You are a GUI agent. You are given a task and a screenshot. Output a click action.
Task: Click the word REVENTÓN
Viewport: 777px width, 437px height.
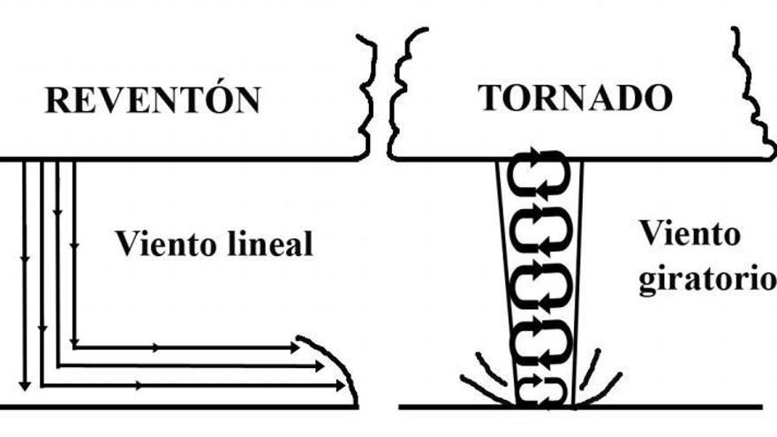click(x=153, y=100)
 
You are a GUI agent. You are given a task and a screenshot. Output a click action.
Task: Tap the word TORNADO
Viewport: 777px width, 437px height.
click(x=575, y=98)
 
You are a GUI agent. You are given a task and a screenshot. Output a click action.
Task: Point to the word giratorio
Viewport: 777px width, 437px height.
click(x=707, y=280)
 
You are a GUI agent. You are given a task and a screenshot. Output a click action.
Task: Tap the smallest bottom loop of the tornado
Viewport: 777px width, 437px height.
click(x=540, y=389)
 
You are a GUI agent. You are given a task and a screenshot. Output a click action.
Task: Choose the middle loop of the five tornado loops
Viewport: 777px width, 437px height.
click(x=540, y=283)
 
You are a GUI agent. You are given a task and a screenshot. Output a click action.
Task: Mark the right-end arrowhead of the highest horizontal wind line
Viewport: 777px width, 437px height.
click(x=294, y=348)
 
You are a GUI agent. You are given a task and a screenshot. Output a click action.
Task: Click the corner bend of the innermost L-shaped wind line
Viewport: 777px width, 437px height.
click(x=73, y=347)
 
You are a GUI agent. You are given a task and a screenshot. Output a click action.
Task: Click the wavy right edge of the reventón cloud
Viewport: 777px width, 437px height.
click(x=366, y=97)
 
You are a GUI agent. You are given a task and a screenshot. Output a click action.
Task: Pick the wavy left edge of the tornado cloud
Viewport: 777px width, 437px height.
click(x=399, y=97)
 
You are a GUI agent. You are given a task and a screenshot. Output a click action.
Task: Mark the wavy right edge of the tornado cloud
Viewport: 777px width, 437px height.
click(x=749, y=97)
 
